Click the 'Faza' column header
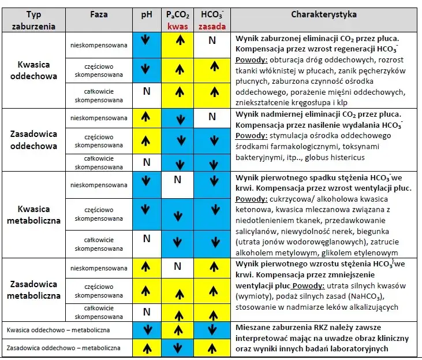tap(99, 14)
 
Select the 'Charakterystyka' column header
tap(323, 14)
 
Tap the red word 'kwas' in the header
tap(177, 26)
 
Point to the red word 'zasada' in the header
tap(212, 26)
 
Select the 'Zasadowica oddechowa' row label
tap(33, 139)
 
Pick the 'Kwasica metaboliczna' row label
tap(33, 214)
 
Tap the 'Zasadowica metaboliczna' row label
tap(33, 290)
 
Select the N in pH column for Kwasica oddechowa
tap(146, 91)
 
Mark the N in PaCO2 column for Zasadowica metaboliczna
tap(177, 266)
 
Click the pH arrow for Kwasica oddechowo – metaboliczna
tap(146, 331)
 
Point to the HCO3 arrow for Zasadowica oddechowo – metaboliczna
tap(212, 348)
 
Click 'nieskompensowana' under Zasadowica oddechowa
tap(98, 118)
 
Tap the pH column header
tap(146, 14)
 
